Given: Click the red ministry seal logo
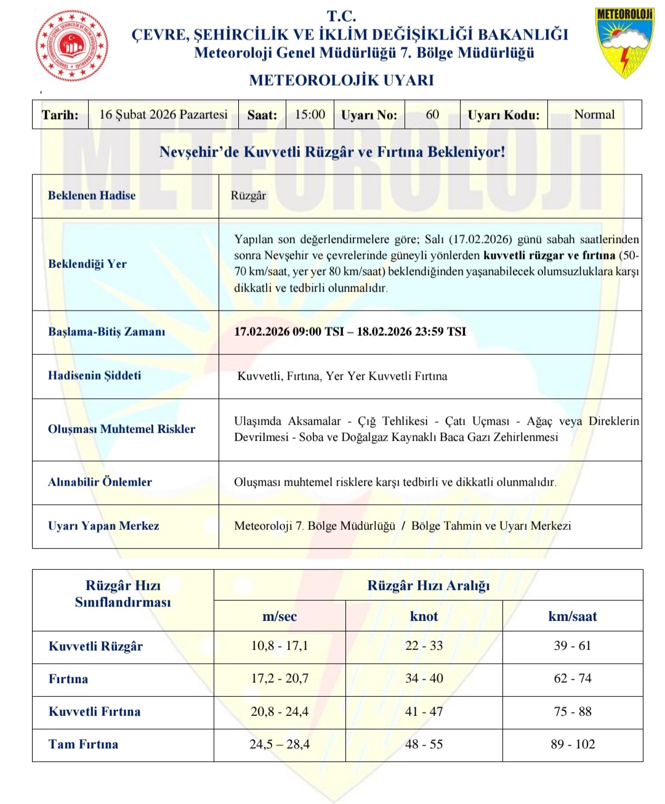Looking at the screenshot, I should [x=73, y=46].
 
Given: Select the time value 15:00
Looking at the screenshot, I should [x=310, y=115].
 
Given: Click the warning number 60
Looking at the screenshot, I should [x=432, y=115].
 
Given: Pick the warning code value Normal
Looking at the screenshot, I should [x=594, y=115].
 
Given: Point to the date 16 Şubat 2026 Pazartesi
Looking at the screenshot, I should [x=163, y=115].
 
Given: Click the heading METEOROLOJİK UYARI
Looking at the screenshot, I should [x=341, y=80].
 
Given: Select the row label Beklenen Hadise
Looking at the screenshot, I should [x=92, y=196].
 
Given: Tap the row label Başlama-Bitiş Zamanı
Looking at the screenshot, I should [x=107, y=331].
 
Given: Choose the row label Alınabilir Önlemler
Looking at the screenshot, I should [x=100, y=482].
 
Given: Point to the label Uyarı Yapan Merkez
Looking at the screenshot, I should [x=103, y=526].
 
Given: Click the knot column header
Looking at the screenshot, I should [x=424, y=616].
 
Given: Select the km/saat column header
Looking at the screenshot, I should [x=573, y=616].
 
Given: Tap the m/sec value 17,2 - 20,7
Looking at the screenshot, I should [x=280, y=678].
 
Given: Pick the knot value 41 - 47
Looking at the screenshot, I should [x=424, y=712].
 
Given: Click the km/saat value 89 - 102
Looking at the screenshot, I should [x=573, y=744].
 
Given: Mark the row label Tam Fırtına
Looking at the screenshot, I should [x=83, y=744].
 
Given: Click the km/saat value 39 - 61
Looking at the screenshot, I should [x=573, y=646].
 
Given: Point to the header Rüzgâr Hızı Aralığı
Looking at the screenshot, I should [x=429, y=585].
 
